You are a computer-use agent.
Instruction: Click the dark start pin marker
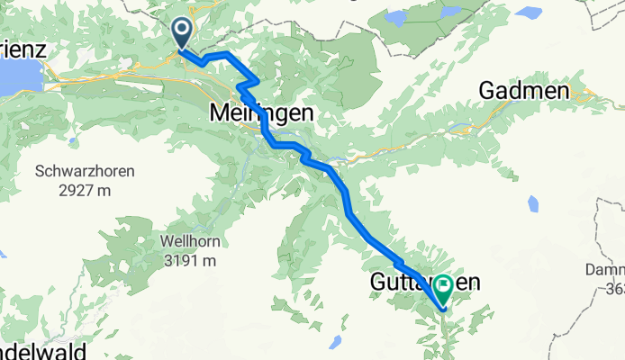181,34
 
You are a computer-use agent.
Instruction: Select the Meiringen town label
261,113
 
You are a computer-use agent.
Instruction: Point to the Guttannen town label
424,283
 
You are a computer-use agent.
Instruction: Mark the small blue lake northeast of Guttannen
533,202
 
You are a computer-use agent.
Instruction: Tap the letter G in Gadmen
489,91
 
